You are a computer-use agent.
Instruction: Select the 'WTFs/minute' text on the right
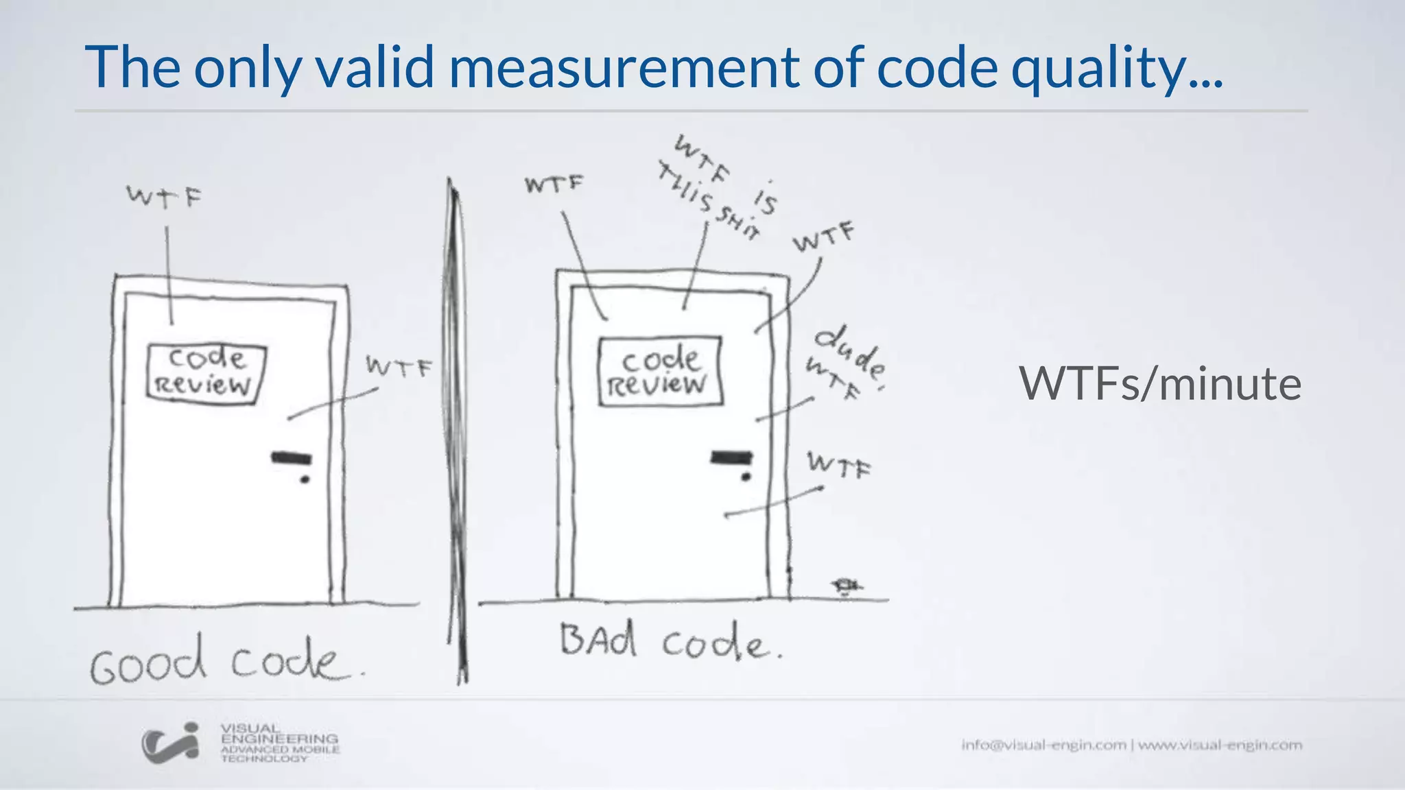(1159, 383)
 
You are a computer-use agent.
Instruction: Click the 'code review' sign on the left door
(205, 372)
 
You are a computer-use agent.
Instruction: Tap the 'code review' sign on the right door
(660, 372)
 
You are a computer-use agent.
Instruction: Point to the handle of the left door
(292, 457)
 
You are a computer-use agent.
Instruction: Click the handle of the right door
(731, 457)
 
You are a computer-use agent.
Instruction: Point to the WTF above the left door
(164, 197)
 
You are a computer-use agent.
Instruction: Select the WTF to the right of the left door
(399, 368)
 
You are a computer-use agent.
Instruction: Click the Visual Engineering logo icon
(170, 743)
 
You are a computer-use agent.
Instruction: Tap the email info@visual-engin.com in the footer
(1043, 745)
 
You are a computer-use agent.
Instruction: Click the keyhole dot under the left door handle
(305, 479)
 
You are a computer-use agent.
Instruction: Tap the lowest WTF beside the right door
(838, 466)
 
